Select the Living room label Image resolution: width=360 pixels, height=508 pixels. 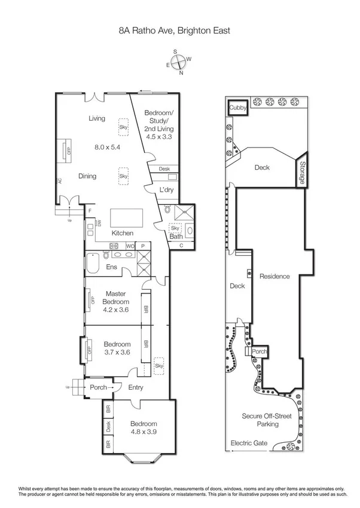coord(97,118)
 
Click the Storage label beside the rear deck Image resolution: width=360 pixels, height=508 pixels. coord(303,172)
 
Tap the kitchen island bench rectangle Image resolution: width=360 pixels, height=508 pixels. coord(127,216)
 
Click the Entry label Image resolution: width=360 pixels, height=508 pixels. coord(136,387)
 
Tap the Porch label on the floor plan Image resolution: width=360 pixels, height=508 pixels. coord(98,387)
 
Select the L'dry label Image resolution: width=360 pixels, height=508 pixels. coord(166,190)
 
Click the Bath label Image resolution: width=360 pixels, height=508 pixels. coord(176,237)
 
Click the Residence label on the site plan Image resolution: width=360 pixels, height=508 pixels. coord(274,276)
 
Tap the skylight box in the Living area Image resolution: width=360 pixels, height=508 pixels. coord(124,127)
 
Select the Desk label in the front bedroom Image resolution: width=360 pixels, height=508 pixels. coord(108,427)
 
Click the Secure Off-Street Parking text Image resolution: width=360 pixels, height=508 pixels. coord(269,420)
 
